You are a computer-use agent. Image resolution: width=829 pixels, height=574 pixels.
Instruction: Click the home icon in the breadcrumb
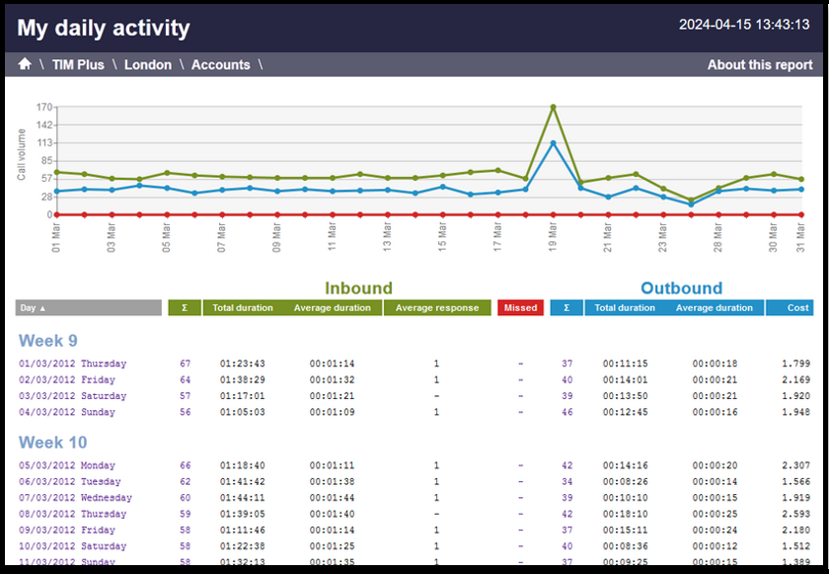click(25, 65)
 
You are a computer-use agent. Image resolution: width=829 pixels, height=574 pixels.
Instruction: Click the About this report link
click(760, 65)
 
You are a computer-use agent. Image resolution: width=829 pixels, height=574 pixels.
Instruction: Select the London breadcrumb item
click(148, 65)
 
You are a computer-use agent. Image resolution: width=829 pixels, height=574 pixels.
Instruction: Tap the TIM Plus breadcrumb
click(78, 65)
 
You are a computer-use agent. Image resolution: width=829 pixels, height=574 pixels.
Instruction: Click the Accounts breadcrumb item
click(220, 65)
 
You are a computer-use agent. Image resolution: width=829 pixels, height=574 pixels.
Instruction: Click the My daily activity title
click(104, 28)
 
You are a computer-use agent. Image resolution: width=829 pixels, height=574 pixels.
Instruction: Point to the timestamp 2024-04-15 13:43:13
click(744, 25)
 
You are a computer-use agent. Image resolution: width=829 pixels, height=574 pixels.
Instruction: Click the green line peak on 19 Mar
click(553, 107)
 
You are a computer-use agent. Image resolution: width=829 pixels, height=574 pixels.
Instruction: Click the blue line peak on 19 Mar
click(553, 143)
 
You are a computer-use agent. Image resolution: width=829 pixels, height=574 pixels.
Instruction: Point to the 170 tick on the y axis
click(43, 107)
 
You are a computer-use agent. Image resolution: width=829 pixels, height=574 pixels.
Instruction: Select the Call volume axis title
click(22, 154)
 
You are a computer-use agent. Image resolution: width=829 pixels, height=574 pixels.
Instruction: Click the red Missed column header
click(520, 308)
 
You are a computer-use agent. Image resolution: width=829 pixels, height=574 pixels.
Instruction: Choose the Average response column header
click(436, 308)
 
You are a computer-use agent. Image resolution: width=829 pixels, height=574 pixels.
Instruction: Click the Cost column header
click(797, 308)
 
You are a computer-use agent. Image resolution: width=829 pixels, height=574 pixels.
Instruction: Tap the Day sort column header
click(89, 308)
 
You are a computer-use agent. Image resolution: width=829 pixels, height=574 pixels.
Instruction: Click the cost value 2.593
click(794, 514)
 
